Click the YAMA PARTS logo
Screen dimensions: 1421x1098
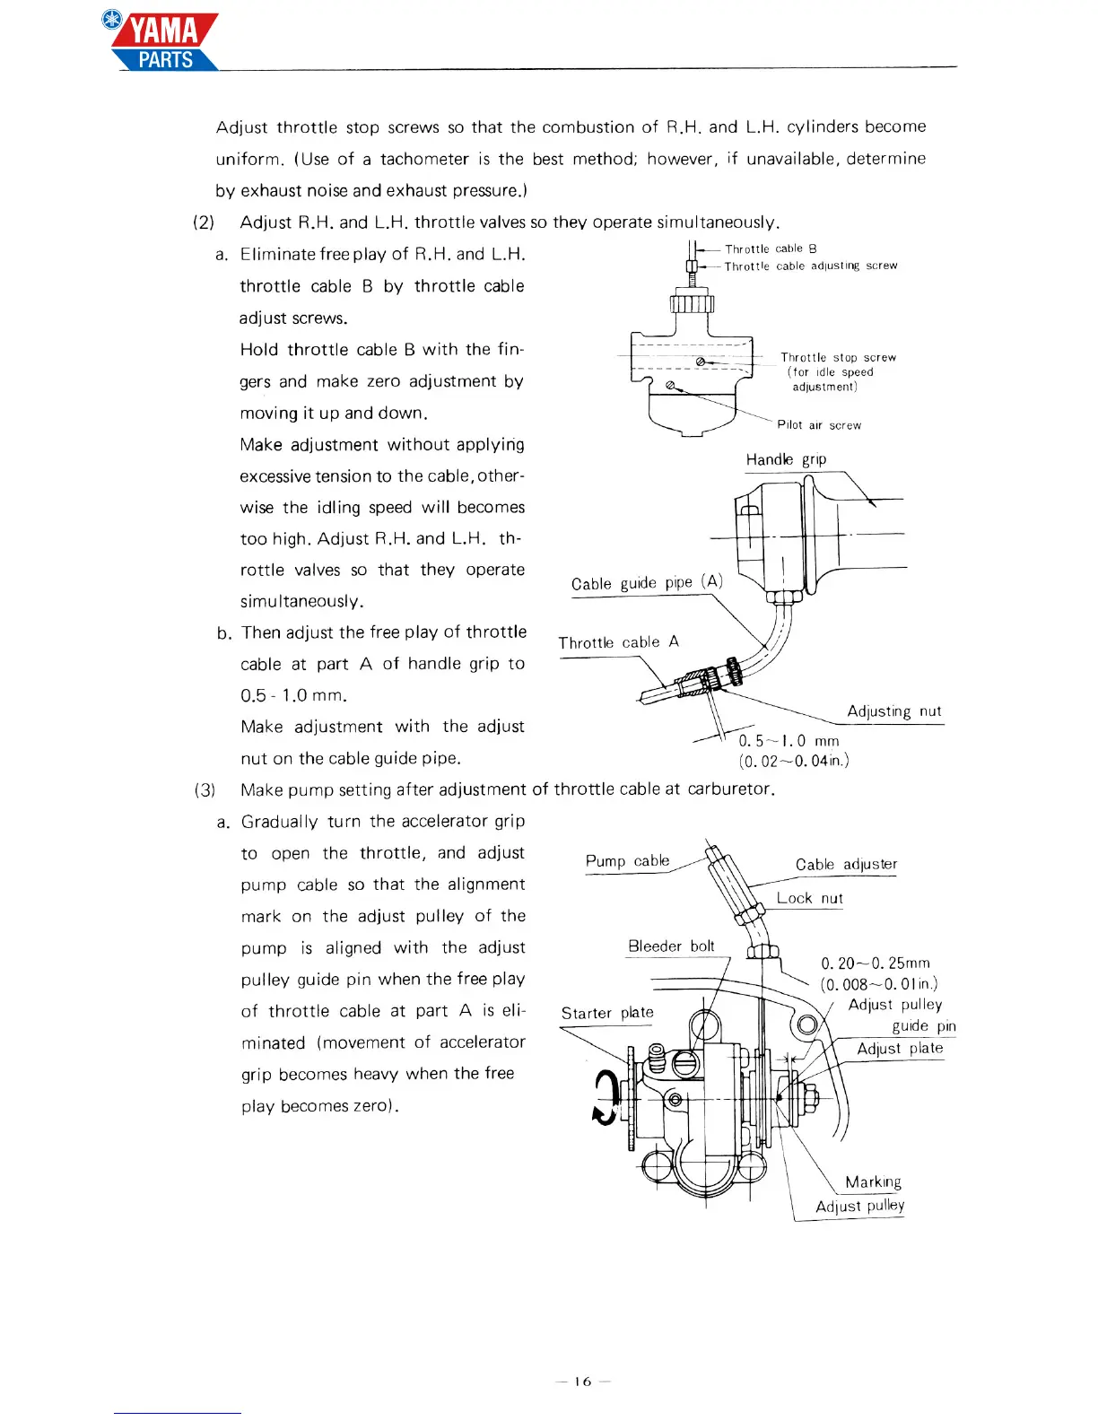click(163, 42)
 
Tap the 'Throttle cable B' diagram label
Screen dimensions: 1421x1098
click(771, 248)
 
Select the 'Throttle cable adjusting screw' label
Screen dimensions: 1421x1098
click(811, 266)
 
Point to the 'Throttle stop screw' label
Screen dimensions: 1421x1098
click(838, 357)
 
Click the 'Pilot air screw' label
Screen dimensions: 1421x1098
click(819, 425)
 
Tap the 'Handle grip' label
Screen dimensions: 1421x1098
click(786, 459)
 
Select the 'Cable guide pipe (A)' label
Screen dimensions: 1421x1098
click(647, 582)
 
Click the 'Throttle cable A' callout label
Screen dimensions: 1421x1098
click(618, 642)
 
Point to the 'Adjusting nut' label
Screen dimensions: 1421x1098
click(894, 711)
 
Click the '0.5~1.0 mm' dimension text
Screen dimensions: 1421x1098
click(789, 741)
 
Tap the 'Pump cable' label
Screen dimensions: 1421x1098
click(627, 860)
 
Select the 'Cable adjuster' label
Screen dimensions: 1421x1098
click(846, 864)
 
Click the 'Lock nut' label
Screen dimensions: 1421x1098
click(809, 898)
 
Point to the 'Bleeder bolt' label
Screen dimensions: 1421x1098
click(671, 946)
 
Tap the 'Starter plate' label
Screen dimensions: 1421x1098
click(607, 1013)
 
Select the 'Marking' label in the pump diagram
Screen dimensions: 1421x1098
click(873, 1181)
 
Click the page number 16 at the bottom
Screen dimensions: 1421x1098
click(583, 1382)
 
